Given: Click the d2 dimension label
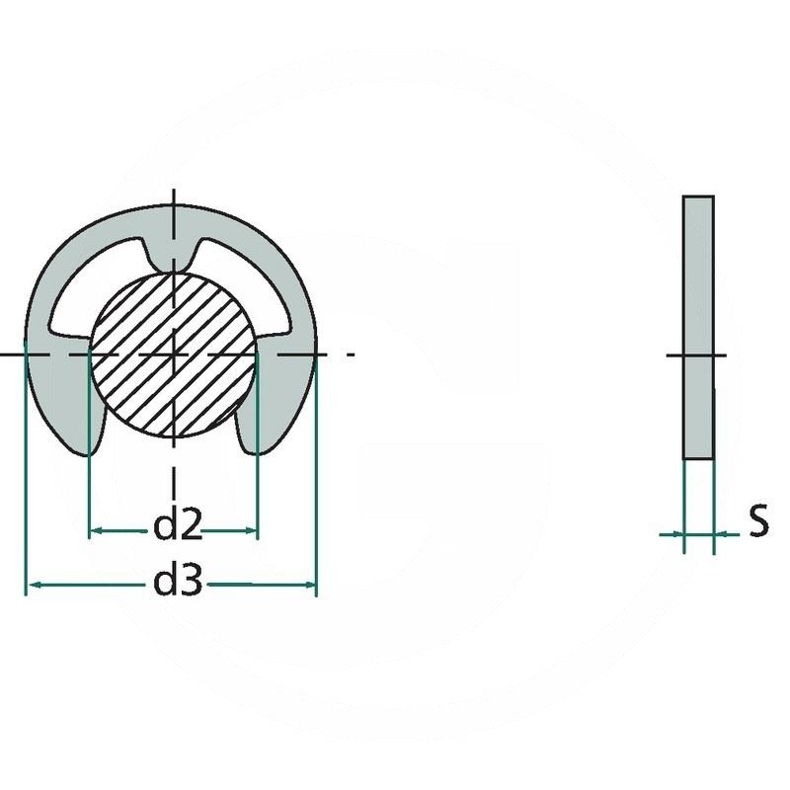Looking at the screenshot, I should click(x=177, y=527).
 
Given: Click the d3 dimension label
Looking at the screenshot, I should click(x=178, y=584).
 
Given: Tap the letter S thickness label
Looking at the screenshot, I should click(x=757, y=520).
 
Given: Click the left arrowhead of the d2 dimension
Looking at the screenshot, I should click(x=96, y=531).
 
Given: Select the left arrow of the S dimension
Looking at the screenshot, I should click(x=676, y=534).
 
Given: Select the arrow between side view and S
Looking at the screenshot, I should click(x=721, y=534).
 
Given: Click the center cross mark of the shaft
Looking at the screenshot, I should click(x=174, y=353).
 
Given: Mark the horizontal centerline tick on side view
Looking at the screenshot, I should click(x=697, y=355).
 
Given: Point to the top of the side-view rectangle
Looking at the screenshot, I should click(x=698, y=197).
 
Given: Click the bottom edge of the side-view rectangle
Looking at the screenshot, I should click(x=698, y=458).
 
